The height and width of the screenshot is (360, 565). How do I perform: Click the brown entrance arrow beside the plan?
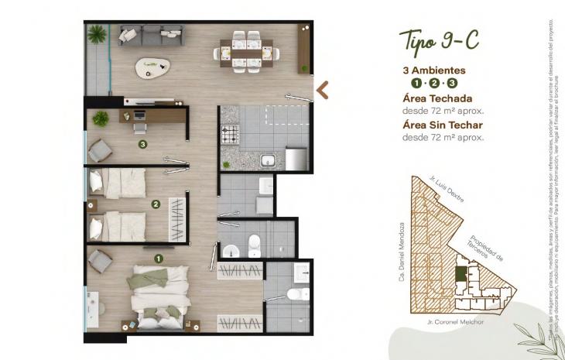(x=322, y=90)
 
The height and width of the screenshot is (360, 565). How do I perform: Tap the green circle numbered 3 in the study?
(x=142, y=143)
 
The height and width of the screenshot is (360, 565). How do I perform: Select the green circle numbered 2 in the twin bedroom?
(x=156, y=204)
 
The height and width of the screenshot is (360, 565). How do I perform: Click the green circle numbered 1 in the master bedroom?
(x=159, y=259)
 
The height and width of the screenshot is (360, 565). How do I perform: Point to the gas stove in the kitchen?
(x=231, y=136)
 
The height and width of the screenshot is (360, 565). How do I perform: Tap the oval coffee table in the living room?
(x=155, y=67)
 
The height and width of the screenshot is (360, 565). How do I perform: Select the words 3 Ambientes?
(x=433, y=69)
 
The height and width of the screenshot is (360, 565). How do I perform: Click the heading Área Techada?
(x=436, y=98)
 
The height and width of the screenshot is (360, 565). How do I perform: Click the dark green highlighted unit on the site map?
(x=461, y=274)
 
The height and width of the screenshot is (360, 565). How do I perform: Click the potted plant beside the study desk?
(x=101, y=119)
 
